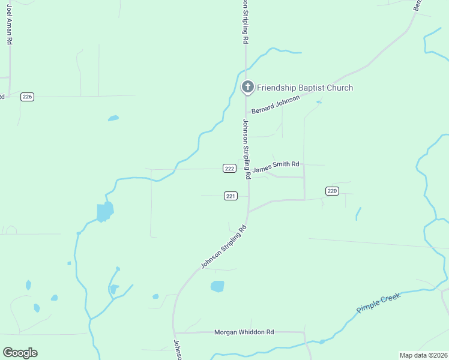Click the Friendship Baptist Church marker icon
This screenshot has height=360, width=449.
coord(247,88)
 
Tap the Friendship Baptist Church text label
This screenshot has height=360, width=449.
coord(305,88)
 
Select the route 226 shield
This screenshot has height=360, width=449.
coord(27,97)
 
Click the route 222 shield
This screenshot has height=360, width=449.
coord(229,169)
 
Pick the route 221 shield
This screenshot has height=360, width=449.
coord(231,196)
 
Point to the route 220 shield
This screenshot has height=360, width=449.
coord(333,191)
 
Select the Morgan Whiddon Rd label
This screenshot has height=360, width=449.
coord(244,332)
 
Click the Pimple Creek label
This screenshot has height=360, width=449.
coord(378,302)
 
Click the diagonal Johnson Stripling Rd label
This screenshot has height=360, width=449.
coord(223,247)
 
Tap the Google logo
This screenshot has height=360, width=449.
coord(20,353)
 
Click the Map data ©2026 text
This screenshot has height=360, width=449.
coord(423,355)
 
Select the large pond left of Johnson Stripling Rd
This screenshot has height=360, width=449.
coord(104,212)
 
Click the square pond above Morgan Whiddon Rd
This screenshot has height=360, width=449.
coord(217,286)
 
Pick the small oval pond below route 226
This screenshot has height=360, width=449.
coord(113,118)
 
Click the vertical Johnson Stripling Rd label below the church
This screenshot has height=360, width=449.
coord(246,147)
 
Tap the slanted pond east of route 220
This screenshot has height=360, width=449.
coord(358,213)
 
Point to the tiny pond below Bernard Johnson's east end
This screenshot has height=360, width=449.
coord(319,102)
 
